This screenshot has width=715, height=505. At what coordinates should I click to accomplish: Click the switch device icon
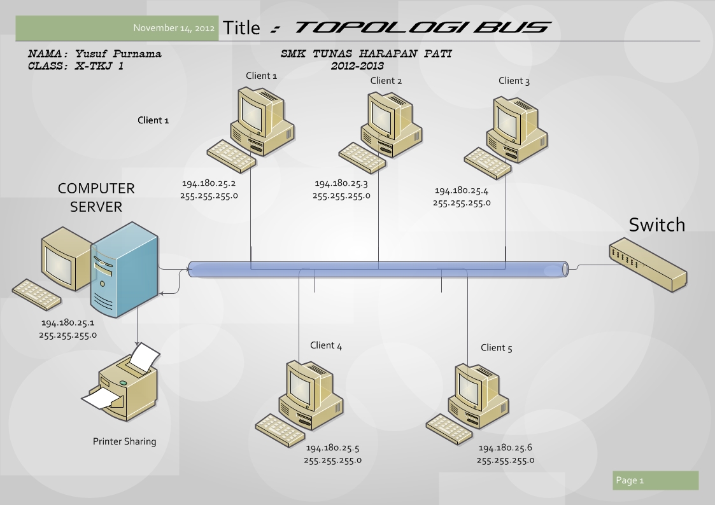click(646, 264)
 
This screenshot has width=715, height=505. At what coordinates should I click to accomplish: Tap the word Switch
click(657, 225)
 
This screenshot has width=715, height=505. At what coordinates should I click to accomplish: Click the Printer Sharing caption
click(124, 441)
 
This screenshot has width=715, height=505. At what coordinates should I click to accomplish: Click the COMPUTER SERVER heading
click(96, 197)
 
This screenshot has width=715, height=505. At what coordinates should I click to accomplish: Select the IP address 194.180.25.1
click(67, 323)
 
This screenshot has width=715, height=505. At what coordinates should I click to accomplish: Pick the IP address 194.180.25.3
click(341, 184)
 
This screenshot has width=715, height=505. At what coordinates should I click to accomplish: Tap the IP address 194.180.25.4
click(462, 191)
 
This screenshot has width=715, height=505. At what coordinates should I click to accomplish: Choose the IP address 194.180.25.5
click(333, 448)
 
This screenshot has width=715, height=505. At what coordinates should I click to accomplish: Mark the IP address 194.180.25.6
click(506, 448)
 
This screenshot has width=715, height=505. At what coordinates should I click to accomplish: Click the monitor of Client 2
click(385, 115)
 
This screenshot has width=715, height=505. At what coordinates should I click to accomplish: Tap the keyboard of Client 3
click(486, 163)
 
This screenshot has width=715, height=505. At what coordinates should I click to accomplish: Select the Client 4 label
click(326, 345)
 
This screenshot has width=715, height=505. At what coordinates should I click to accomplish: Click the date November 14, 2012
click(174, 28)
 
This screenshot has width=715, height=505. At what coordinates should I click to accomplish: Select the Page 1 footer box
click(655, 480)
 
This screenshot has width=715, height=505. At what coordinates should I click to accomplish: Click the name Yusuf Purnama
click(118, 54)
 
